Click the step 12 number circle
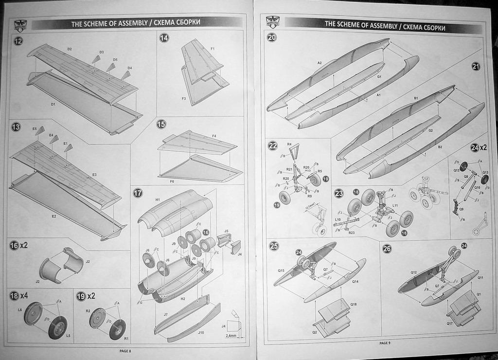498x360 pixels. coord(18,41)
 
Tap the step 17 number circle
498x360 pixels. coord(138,193)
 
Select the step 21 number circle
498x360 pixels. coord(476,67)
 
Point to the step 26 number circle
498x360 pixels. coord(387,249)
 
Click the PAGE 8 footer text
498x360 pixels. coord(125,351)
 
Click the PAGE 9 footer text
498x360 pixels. coord(385,343)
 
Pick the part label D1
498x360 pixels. coord(53,104)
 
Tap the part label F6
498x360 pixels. coord(172,181)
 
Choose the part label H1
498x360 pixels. coord(158,200)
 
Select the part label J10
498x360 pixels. coord(201,333)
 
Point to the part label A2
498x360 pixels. coord(320,63)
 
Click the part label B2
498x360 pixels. coord(440,147)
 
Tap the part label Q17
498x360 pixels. coord(450,324)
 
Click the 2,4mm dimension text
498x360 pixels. coord(231,335)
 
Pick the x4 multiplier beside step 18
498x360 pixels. coord(25,295)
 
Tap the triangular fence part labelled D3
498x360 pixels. coord(96,59)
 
